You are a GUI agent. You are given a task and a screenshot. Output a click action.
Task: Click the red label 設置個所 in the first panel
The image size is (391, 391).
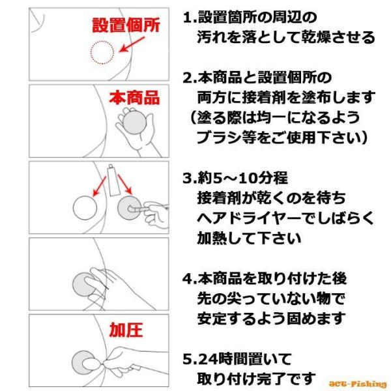point(126,25)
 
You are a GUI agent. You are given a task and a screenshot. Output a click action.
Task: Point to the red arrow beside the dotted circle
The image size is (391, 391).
point(132,44)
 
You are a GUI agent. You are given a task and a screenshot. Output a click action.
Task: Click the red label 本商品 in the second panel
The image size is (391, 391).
point(134,98)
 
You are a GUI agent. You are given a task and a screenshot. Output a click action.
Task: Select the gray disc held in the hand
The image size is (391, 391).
point(135,123)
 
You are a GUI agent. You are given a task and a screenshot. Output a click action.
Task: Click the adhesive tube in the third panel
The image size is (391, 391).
point(113,181)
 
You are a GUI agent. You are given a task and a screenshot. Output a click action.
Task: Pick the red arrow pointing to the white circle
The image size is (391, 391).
point(99,186)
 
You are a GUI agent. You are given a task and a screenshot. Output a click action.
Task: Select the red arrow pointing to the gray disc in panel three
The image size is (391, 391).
point(124,184)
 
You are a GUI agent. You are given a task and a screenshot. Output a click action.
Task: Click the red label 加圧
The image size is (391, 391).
point(126,330)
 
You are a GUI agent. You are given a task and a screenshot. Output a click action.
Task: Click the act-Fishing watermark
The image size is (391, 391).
point(357,384)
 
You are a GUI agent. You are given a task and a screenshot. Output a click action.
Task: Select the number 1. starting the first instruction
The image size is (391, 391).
point(190,18)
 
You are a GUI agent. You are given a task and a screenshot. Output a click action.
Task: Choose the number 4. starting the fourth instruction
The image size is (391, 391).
point(190,278)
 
